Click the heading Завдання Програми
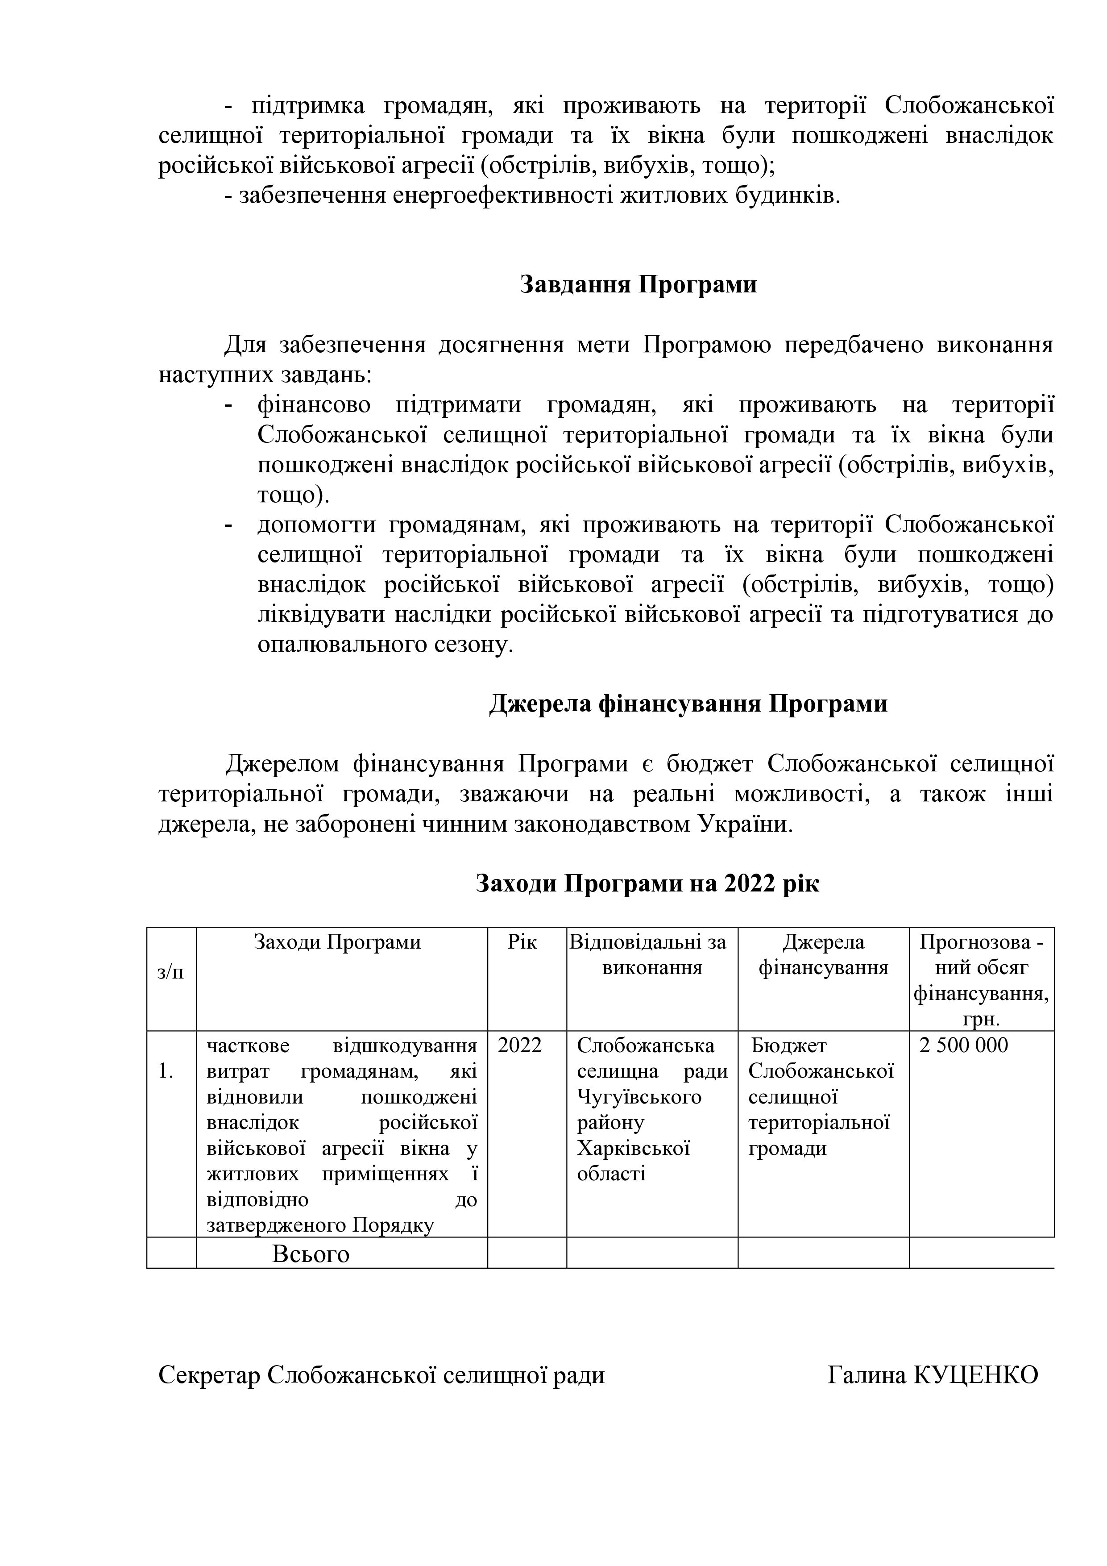[x=638, y=284]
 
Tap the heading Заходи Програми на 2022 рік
[x=647, y=883]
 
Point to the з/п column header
[x=170, y=972]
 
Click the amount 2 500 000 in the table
[x=963, y=1045]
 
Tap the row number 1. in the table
[x=166, y=1071]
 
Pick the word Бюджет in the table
[x=789, y=1045]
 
